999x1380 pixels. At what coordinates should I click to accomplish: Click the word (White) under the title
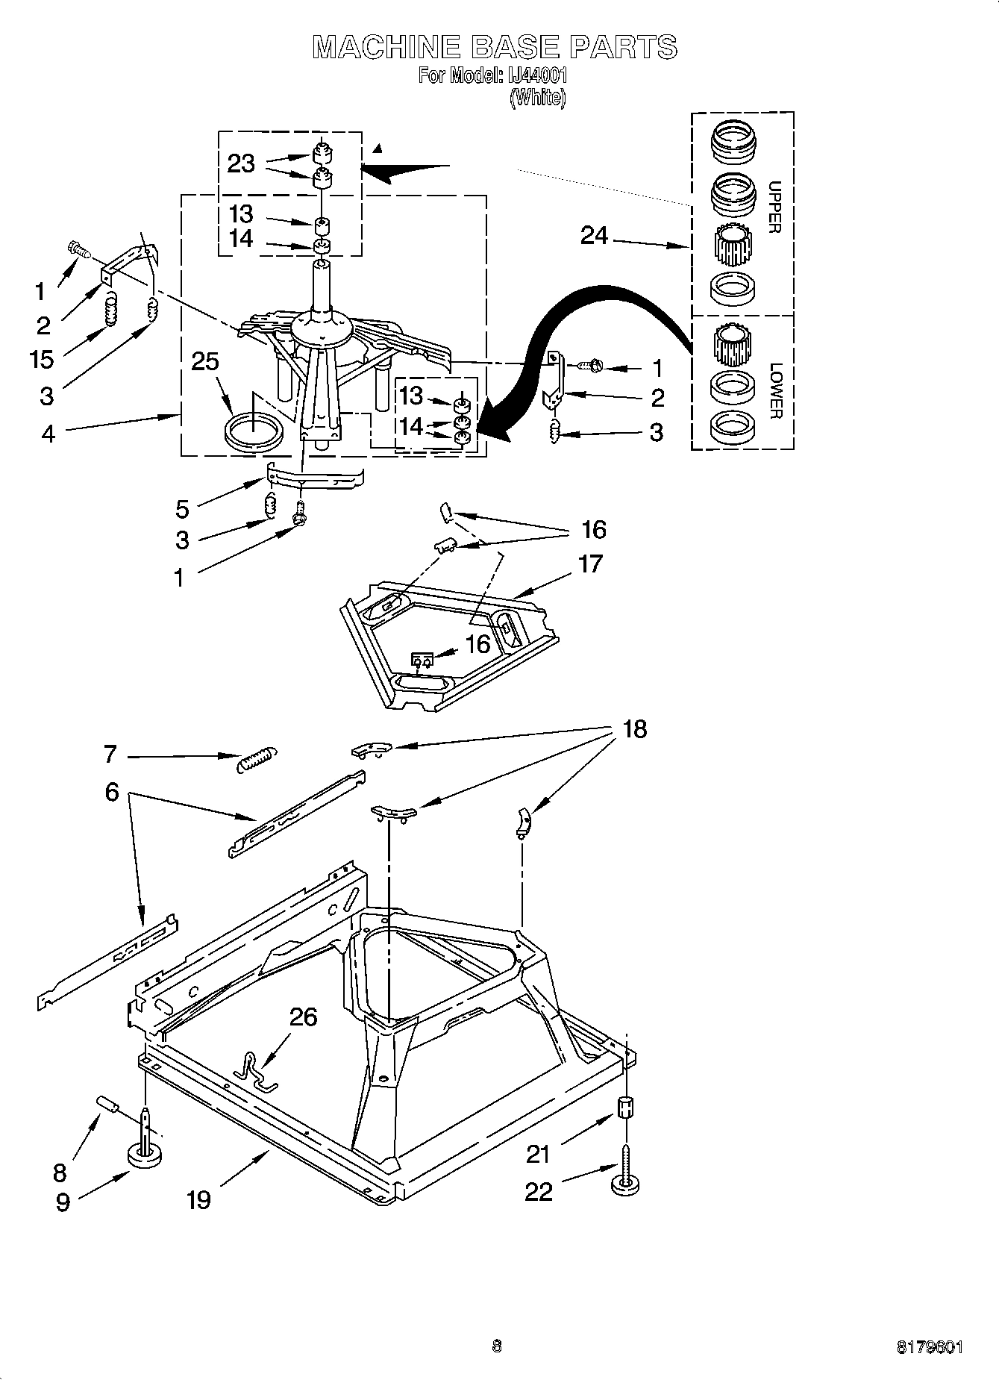click(x=537, y=98)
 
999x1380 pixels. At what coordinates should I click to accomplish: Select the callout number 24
click(x=595, y=236)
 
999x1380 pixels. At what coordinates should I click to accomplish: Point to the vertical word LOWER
click(x=776, y=390)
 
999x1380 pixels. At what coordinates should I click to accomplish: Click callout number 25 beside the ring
click(x=205, y=361)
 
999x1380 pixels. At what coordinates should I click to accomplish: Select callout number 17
click(x=589, y=563)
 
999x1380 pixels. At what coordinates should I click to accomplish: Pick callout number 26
click(x=303, y=1017)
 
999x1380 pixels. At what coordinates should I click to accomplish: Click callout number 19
click(x=198, y=1199)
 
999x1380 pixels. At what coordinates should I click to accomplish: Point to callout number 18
click(x=634, y=728)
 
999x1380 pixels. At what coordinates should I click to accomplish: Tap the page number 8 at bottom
click(x=497, y=1346)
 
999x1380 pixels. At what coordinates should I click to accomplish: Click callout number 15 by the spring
click(x=42, y=359)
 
